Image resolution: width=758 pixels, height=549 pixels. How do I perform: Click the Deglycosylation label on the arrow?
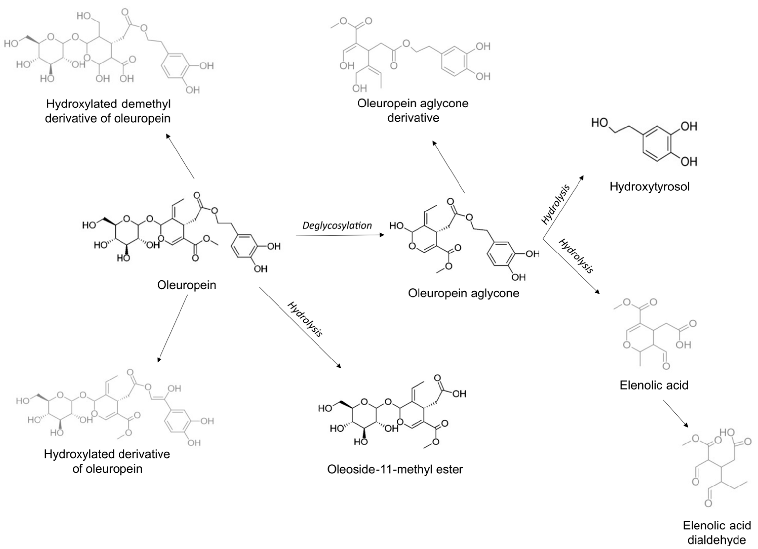pyautogui.click(x=337, y=226)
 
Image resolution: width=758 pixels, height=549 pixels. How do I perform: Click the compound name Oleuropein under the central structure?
pyautogui.click(x=186, y=285)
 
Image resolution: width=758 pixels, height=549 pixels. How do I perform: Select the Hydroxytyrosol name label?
pyautogui.click(x=649, y=186)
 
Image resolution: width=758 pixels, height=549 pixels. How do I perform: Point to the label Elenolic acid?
pyautogui.click(x=654, y=385)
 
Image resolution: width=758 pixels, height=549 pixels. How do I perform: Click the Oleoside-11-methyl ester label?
pyautogui.click(x=395, y=469)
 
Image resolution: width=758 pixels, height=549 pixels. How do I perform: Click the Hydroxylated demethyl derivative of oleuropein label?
pyautogui.click(x=108, y=111)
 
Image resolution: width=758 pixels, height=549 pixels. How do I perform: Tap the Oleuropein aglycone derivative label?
pyautogui.click(x=413, y=110)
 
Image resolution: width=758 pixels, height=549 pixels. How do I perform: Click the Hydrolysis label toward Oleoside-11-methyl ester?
pyautogui.click(x=305, y=319)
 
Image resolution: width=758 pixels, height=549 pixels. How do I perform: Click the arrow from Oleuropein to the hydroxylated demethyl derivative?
pyautogui.click(x=180, y=156)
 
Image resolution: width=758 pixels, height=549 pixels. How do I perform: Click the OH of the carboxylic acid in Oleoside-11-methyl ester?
pyautogui.click(x=459, y=394)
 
